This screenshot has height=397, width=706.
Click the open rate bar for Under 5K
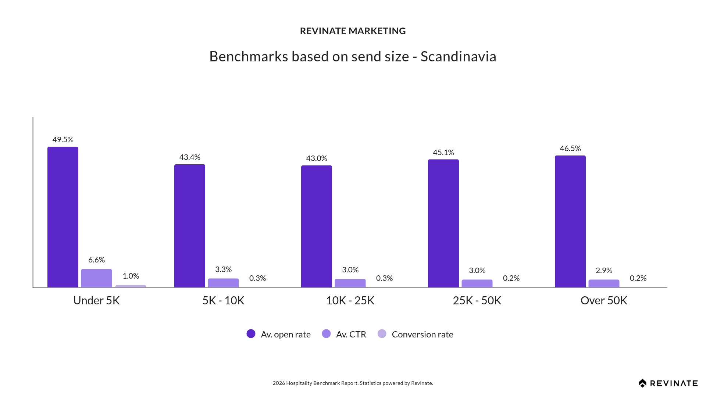[63, 217]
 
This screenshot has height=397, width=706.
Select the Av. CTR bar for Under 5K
[96, 278]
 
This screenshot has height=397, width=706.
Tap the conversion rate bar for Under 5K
[131, 286]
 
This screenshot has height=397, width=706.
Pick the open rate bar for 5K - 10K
[190, 226]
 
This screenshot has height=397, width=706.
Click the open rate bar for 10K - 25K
[317, 226]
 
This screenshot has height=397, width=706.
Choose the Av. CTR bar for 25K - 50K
[477, 283]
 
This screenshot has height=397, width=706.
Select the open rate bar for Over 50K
[570, 221]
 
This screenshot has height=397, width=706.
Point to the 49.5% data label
[63, 140]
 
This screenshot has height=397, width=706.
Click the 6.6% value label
[96, 260]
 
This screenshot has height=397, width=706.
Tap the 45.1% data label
[443, 153]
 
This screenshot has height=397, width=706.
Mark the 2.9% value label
[604, 271]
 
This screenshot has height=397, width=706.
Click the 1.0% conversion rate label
[131, 276]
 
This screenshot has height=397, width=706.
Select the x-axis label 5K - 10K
[223, 301]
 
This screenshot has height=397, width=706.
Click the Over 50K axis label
[604, 301]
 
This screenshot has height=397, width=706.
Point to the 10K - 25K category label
[350, 301]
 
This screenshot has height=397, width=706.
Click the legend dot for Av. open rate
[251, 334]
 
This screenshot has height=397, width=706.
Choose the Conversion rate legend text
[422, 335]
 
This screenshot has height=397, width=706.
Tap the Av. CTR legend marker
[326, 334]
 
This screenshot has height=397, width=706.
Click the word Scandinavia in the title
[458, 57]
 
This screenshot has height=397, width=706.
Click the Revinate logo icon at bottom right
[642, 383]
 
